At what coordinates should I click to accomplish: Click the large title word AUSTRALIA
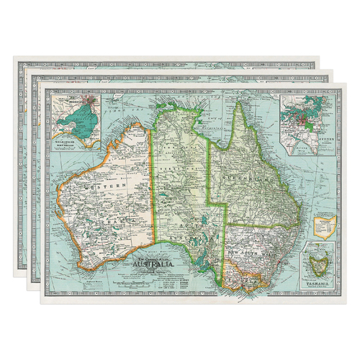(153, 264)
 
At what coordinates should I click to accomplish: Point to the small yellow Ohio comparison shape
(327, 226)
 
